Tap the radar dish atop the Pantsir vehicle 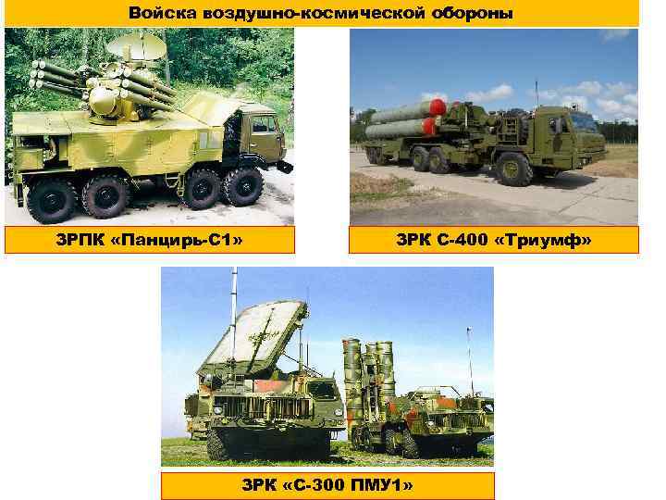[x=136, y=45]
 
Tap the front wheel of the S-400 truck [x=513, y=169]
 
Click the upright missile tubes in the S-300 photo [x=368, y=375]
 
